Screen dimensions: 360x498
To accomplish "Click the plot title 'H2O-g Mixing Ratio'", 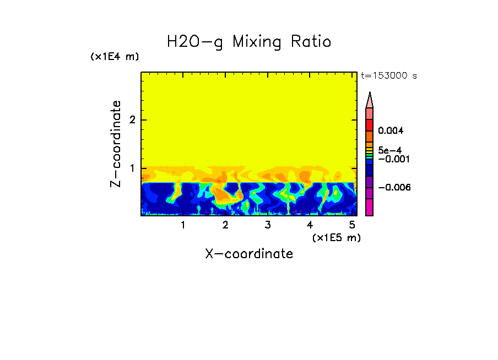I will [x=249, y=42].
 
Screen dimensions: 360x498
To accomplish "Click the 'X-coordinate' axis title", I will [x=249, y=254].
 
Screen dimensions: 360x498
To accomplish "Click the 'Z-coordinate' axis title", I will [x=116, y=144].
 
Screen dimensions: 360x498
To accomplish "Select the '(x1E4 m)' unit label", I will [x=115, y=57].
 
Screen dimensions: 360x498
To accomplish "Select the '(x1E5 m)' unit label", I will [x=336, y=237].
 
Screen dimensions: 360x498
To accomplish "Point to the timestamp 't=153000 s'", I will [x=388, y=76].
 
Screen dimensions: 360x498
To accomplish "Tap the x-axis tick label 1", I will [x=183, y=225].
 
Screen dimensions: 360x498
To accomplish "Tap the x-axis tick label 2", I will [x=225, y=225].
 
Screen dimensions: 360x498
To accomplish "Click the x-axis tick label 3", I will [x=267, y=225].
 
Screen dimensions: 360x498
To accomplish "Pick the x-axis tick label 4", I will [x=310, y=225].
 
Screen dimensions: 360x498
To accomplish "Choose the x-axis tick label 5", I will [x=352, y=225].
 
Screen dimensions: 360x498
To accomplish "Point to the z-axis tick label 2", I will [x=132, y=120].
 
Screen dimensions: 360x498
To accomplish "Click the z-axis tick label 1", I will [x=132, y=168].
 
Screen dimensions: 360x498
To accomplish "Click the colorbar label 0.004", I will [x=391, y=131].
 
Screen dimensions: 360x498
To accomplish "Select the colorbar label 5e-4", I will [x=389, y=150].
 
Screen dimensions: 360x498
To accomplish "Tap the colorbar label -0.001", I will [x=392, y=159].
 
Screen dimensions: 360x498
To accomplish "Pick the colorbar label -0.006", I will [x=392, y=188].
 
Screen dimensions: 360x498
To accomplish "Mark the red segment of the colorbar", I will [x=370, y=124].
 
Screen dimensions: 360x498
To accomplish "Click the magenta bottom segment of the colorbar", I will [x=370, y=208].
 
